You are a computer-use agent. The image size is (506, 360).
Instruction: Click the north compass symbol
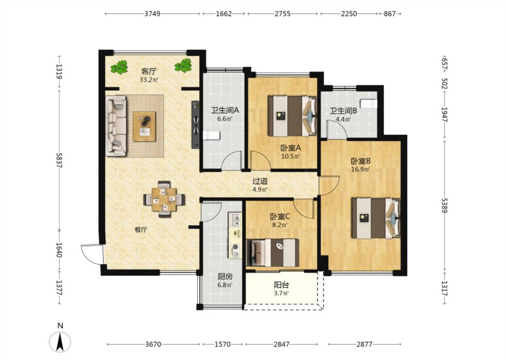[x=60, y=342]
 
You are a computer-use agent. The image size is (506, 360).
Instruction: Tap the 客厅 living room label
[x=148, y=71]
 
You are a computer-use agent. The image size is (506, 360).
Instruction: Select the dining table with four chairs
[x=165, y=199]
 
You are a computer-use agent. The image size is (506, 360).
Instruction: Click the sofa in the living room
[x=116, y=126]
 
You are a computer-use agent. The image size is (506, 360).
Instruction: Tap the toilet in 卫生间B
[x=368, y=103]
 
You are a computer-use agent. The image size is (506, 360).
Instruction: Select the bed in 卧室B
[x=376, y=218]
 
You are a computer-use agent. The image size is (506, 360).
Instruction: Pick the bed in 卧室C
[x=273, y=252]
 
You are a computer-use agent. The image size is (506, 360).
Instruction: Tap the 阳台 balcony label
[x=282, y=285]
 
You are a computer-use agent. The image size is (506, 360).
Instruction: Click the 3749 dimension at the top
[x=152, y=14]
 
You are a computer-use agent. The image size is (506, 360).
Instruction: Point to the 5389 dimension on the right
[x=444, y=205]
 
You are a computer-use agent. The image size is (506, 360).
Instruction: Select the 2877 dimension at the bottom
[x=364, y=344]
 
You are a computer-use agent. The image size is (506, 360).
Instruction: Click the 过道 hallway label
[x=260, y=181]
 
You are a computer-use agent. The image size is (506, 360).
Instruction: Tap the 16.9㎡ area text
[x=360, y=169]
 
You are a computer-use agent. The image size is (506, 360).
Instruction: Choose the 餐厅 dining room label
[x=141, y=230]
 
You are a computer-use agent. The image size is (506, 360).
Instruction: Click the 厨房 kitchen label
[x=225, y=277]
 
